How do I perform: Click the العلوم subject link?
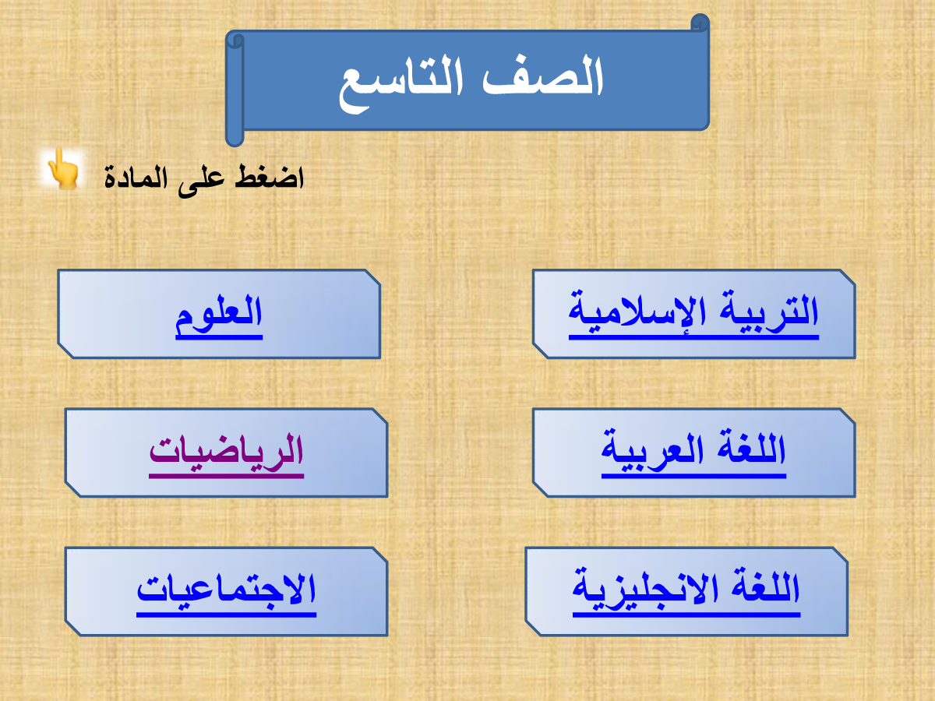click(219, 315)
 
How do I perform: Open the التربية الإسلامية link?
click(693, 314)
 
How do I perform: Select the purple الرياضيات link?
click(226, 455)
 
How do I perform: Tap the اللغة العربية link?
click(693, 453)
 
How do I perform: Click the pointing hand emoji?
click(63, 167)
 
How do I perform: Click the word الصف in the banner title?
click(543, 77)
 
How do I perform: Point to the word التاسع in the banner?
click(400, 83)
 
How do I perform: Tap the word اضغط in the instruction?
click(270, 177)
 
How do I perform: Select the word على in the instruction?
click(201, 181)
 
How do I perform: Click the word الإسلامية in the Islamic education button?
click(637, 314)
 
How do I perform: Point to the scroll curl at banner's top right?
click(700, 22)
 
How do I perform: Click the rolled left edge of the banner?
click(235, 89)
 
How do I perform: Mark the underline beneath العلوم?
click(219, 338)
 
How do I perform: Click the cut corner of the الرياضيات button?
click(380, 416)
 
